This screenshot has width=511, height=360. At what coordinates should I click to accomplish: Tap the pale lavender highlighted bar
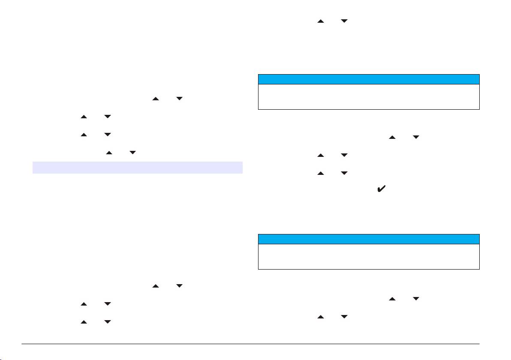point(138,167)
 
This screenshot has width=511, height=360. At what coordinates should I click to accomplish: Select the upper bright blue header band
point(369,79)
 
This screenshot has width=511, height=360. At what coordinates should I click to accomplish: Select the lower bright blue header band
point(369,239)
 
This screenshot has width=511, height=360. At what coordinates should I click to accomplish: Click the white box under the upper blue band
point(369,97)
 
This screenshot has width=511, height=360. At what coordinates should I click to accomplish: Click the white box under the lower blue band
point(369,256)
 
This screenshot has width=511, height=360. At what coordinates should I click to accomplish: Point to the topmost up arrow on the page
point(320,21)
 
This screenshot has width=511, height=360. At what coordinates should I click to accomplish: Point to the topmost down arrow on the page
point(344,21)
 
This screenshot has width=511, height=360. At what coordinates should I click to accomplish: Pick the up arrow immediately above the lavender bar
point(109,152)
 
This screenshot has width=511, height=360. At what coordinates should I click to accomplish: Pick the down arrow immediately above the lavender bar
point(132,152)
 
